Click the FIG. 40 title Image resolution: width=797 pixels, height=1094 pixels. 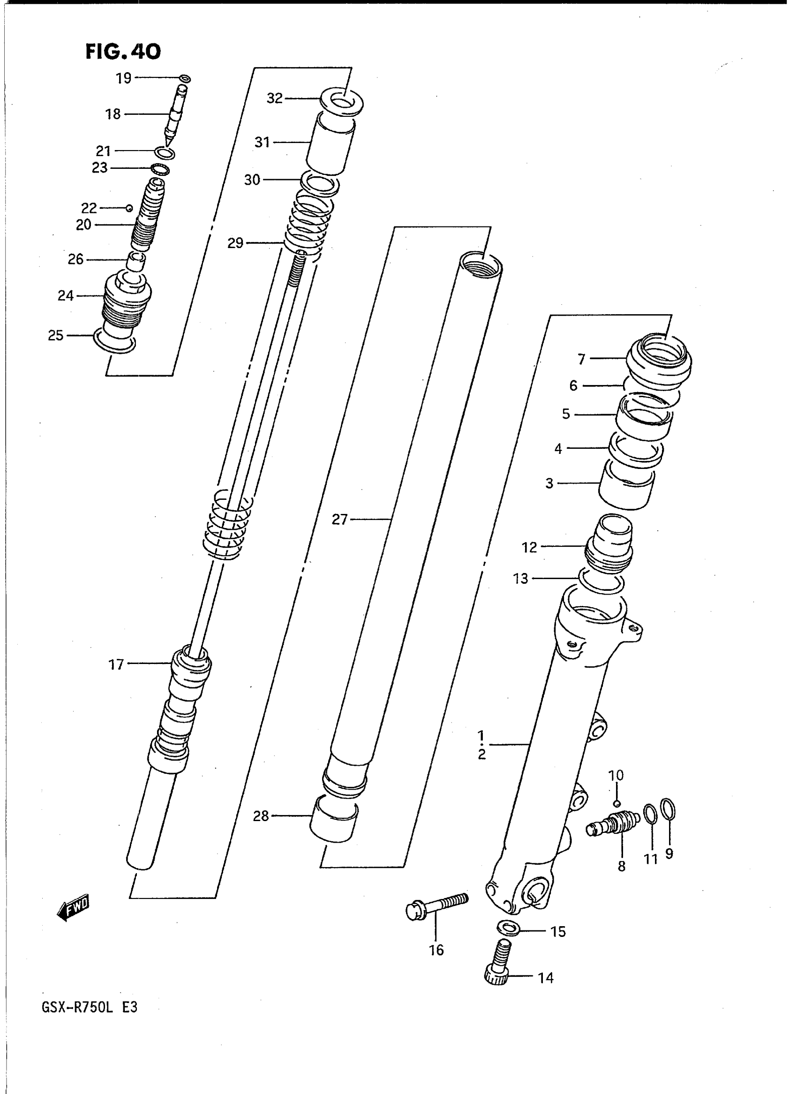[x=123, y=51]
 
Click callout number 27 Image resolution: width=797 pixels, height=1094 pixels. [x=339, y=520]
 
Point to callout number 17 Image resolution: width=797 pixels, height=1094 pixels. [x=116, y=665]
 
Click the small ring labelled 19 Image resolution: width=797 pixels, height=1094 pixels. [x=184, y=79]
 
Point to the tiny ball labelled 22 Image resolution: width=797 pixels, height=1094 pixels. [x=129, y=208]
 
